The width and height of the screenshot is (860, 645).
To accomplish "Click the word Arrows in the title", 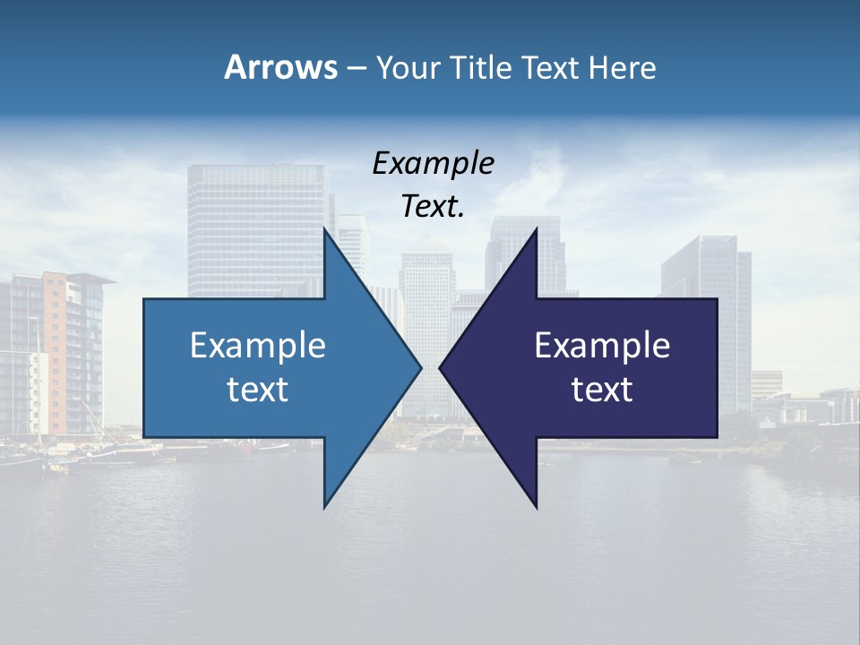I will coord(280,67).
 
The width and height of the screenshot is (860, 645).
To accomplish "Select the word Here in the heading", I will coord(622,67).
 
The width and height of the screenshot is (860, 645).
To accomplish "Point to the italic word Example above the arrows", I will coord(434,163).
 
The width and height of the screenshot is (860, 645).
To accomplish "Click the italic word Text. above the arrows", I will coord(434,206).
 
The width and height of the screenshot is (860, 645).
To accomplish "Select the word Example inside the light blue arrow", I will coord(258,345).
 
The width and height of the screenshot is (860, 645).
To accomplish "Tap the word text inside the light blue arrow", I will coord(258,390).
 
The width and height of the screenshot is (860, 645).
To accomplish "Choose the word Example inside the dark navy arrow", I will coord(602,345).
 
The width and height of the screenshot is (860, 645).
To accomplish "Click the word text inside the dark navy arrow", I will coord(602,390).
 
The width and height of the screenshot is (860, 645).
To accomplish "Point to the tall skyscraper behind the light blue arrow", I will coord(255,224).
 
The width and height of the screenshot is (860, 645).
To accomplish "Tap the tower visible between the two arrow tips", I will coord(427,287).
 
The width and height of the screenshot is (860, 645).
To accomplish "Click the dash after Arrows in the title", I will coord(356,68).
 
